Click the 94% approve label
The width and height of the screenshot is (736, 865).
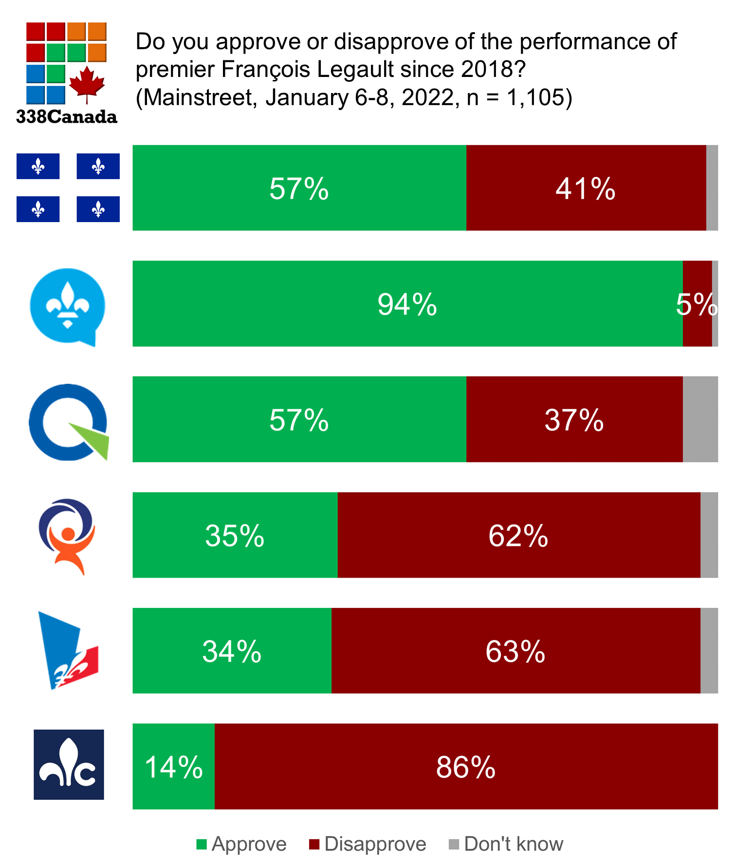pos(407,304)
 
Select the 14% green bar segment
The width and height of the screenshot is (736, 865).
pos(173,767)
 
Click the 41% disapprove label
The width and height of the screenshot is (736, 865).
pos(585,188)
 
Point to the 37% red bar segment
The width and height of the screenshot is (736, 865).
pos(574,419)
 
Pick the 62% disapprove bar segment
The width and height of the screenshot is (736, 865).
pos(518,535)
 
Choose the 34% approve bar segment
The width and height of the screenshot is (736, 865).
pos(232,651)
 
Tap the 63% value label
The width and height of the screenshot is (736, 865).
pos(515,651)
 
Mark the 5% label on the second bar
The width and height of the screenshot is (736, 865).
pos(697,304)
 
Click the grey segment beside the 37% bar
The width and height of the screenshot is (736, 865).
pos(700,419)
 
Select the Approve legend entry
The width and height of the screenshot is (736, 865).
pos(242,844)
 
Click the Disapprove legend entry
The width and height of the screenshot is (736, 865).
pos(368,844)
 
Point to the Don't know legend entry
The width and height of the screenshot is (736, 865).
pos(506,844)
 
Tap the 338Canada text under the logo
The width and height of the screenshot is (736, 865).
pos(67,117)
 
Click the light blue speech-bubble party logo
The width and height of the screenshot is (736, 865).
pos(68,306)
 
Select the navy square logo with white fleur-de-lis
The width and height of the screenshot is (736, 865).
pos(69,765)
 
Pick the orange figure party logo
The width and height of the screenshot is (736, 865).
pos(67,536)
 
